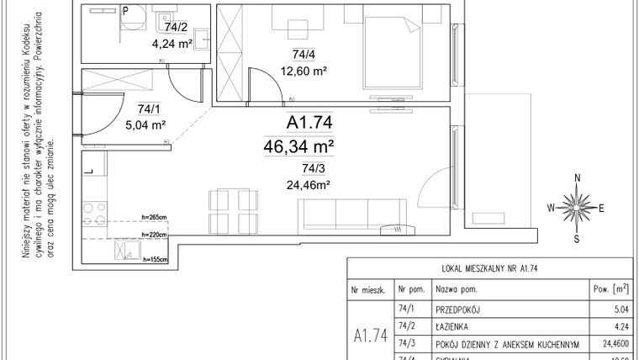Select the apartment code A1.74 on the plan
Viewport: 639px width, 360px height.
click(x=309, y=124)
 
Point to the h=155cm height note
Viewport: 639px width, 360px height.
click(x=156, y=260)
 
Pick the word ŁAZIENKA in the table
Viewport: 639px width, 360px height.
click(x=455, y=326)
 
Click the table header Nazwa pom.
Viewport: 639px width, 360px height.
click(x=457, y=289)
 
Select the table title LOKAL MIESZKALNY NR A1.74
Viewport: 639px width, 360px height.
click(x=489, y=269)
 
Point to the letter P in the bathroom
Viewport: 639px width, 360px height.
click(x=124, y=11)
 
